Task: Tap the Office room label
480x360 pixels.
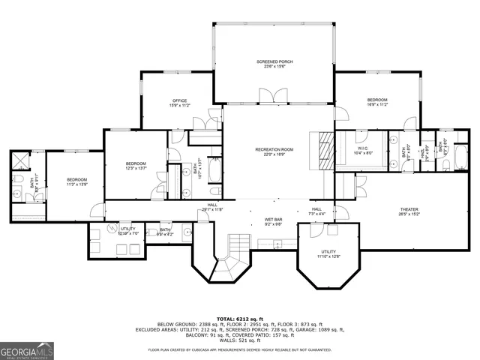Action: coord(179,103)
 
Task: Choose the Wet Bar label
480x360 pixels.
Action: coord(272,222)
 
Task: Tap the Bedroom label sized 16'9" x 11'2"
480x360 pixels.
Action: coord(377,102)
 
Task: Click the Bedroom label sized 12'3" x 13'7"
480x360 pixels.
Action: coord(136,166)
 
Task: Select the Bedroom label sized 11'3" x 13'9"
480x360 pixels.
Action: coord(77,181)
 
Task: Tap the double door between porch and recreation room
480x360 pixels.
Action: coord(272,96)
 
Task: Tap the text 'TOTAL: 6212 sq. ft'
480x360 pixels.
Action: coord(239,319)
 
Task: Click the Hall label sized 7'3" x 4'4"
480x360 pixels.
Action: coord(316,211)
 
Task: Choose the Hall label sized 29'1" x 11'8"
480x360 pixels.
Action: coord(212,208)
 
